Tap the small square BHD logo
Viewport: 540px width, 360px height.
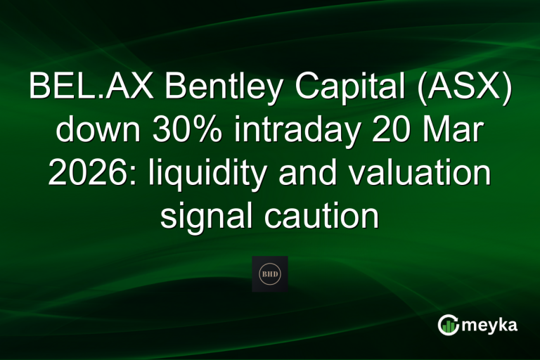(x=270, y=274)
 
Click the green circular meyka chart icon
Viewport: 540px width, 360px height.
(x=449, y=324)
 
